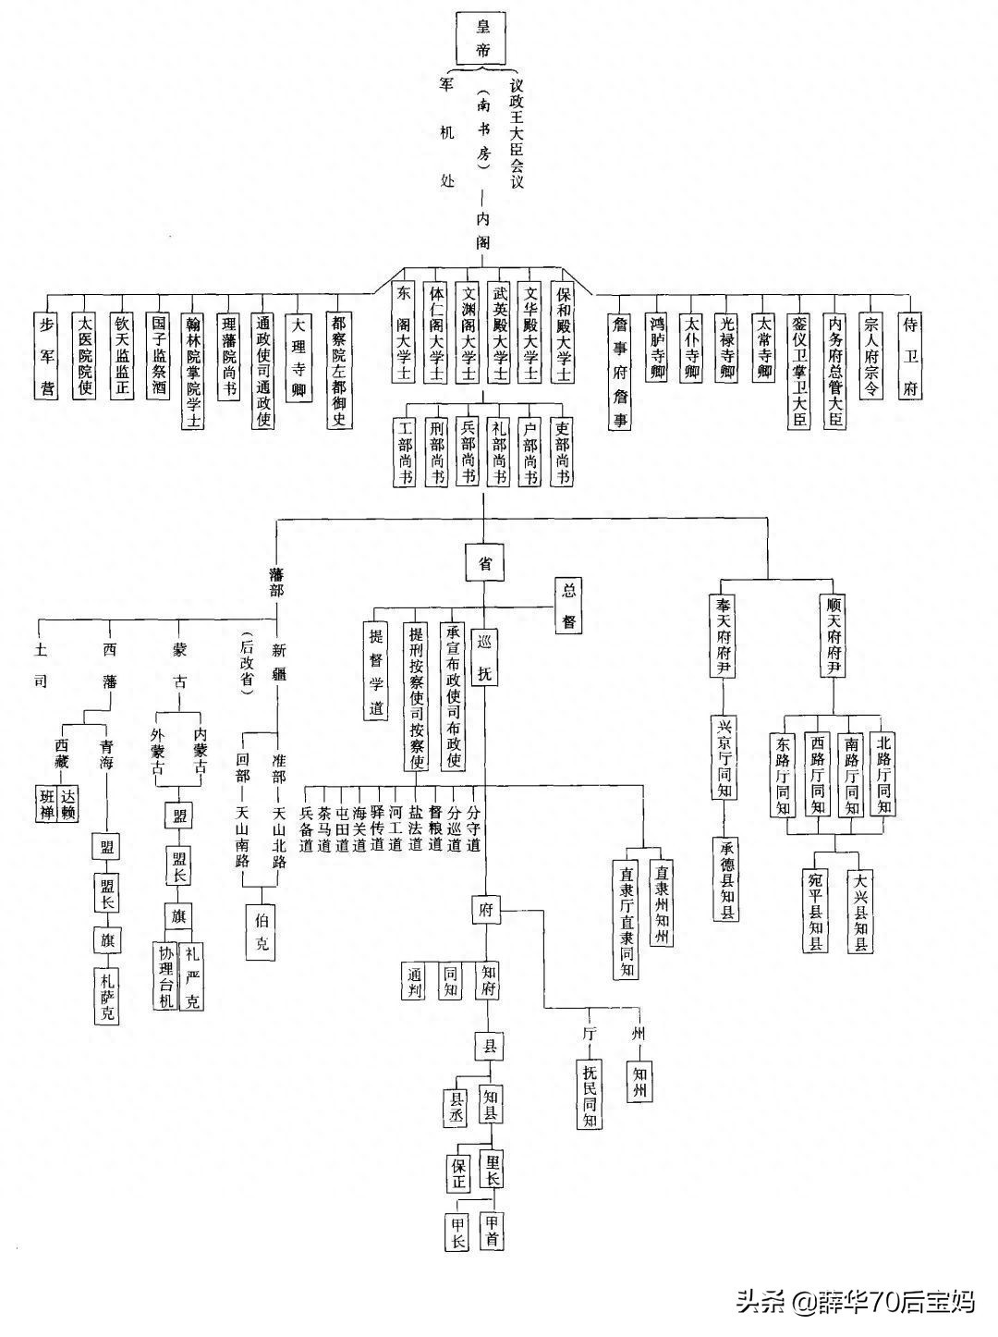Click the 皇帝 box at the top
tap(483, 38)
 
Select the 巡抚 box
tap(484, 656)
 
